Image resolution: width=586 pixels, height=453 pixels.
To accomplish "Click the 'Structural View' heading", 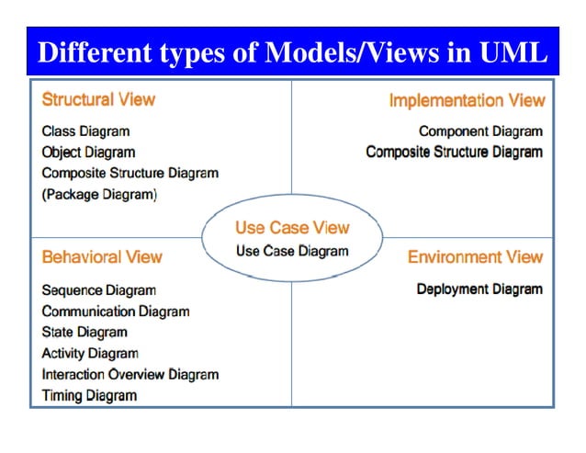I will [x=98, y=99].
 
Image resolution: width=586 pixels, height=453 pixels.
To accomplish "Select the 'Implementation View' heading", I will [x=467, y=100].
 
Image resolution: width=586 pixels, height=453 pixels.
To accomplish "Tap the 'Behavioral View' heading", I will [x=102, y=257].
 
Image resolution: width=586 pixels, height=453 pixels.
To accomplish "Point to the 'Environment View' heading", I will [x=475, y=257].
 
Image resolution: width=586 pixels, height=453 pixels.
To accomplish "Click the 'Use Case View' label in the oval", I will [x=292, y=227].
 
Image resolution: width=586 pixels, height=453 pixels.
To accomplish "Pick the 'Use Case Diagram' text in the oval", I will [x=292, y=251].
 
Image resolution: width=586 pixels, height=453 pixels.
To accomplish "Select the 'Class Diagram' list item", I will [x=85, y=131].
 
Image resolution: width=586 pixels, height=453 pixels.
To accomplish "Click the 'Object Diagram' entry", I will [x=88, y=153].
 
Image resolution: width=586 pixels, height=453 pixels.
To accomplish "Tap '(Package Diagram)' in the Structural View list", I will [x=99, y=194].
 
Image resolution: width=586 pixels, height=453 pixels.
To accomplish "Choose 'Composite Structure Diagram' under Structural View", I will [x=130, y=173].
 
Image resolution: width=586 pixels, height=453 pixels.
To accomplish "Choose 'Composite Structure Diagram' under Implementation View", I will [x=454, y=153].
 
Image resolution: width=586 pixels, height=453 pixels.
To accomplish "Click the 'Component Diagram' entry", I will [x=480, y=131].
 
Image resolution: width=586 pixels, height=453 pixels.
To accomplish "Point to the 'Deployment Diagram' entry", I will [x=479, y=289].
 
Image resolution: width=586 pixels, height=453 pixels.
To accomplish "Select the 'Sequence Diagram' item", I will [x=98, y=290].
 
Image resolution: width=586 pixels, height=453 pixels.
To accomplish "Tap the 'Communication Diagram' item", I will [x=116, y=311].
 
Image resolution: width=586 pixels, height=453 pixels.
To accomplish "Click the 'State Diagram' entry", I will [x=85, y=332].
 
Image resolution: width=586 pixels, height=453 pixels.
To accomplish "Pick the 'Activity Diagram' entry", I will [x=90, y=353].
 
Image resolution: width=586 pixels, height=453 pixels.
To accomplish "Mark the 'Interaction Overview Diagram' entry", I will [x=130, y=374].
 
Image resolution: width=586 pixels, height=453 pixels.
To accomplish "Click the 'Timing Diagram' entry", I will [x=89, y=395].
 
